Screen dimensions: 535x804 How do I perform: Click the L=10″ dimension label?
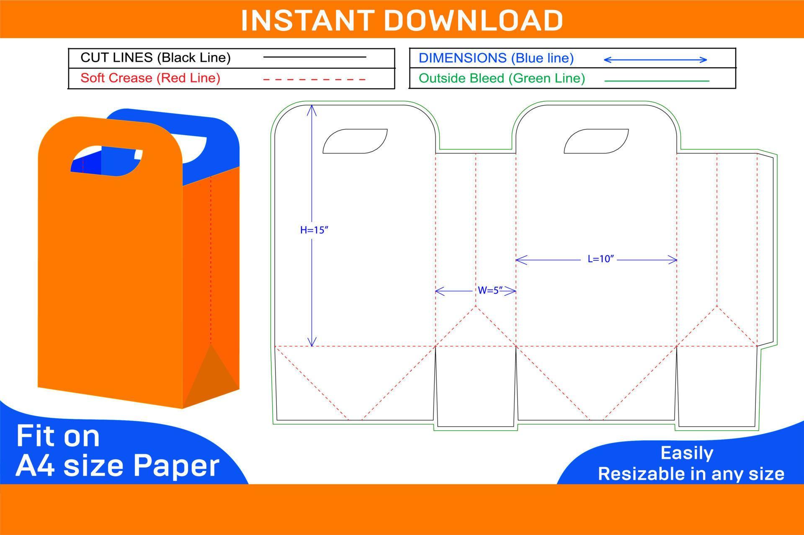pos(600,259)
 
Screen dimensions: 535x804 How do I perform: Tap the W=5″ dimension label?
pos(490,291)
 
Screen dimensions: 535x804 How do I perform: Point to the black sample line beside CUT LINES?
pos(314,57)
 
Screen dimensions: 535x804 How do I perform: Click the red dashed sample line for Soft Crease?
pos(314,79)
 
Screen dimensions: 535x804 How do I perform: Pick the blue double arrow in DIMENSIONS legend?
pos(655,60)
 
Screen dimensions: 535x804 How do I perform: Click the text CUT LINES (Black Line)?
pos(155,57)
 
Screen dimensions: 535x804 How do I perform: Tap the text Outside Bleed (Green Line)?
pos(502,78)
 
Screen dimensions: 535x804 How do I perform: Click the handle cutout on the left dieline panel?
pos(355,141)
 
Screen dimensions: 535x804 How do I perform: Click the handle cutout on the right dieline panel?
pos(596,141)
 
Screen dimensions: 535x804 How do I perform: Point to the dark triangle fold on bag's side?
pos(209,377)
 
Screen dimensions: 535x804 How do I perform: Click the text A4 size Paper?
pos(117,466)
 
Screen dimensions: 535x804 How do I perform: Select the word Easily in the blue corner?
pos(687,453)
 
